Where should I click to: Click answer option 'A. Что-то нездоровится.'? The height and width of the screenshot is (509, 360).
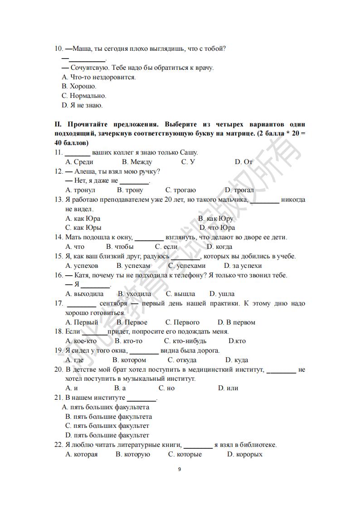pos(98,77)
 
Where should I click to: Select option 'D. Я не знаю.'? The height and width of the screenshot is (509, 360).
pos(82,105)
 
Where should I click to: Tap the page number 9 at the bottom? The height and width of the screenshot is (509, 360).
pos(180,469)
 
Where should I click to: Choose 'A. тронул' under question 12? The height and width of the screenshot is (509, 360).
pos(80,190)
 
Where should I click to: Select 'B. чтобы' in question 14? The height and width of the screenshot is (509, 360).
pos(120,247)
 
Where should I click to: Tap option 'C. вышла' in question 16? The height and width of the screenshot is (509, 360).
pos(180,294)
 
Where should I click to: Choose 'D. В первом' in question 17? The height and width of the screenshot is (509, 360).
pos(236,323)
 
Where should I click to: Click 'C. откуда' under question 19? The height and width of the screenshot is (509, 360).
pos(182,360)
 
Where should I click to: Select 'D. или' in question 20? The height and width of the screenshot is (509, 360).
pos(228,388)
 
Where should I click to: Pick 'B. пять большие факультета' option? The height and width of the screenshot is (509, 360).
pos(108,417)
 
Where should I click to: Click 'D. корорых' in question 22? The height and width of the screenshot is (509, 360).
pos(244,455)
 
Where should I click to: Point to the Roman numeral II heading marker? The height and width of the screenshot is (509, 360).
pos(58,124)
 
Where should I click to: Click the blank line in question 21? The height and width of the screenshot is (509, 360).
pos(141,399)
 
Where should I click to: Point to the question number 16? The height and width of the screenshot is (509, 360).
pos(58,275)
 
